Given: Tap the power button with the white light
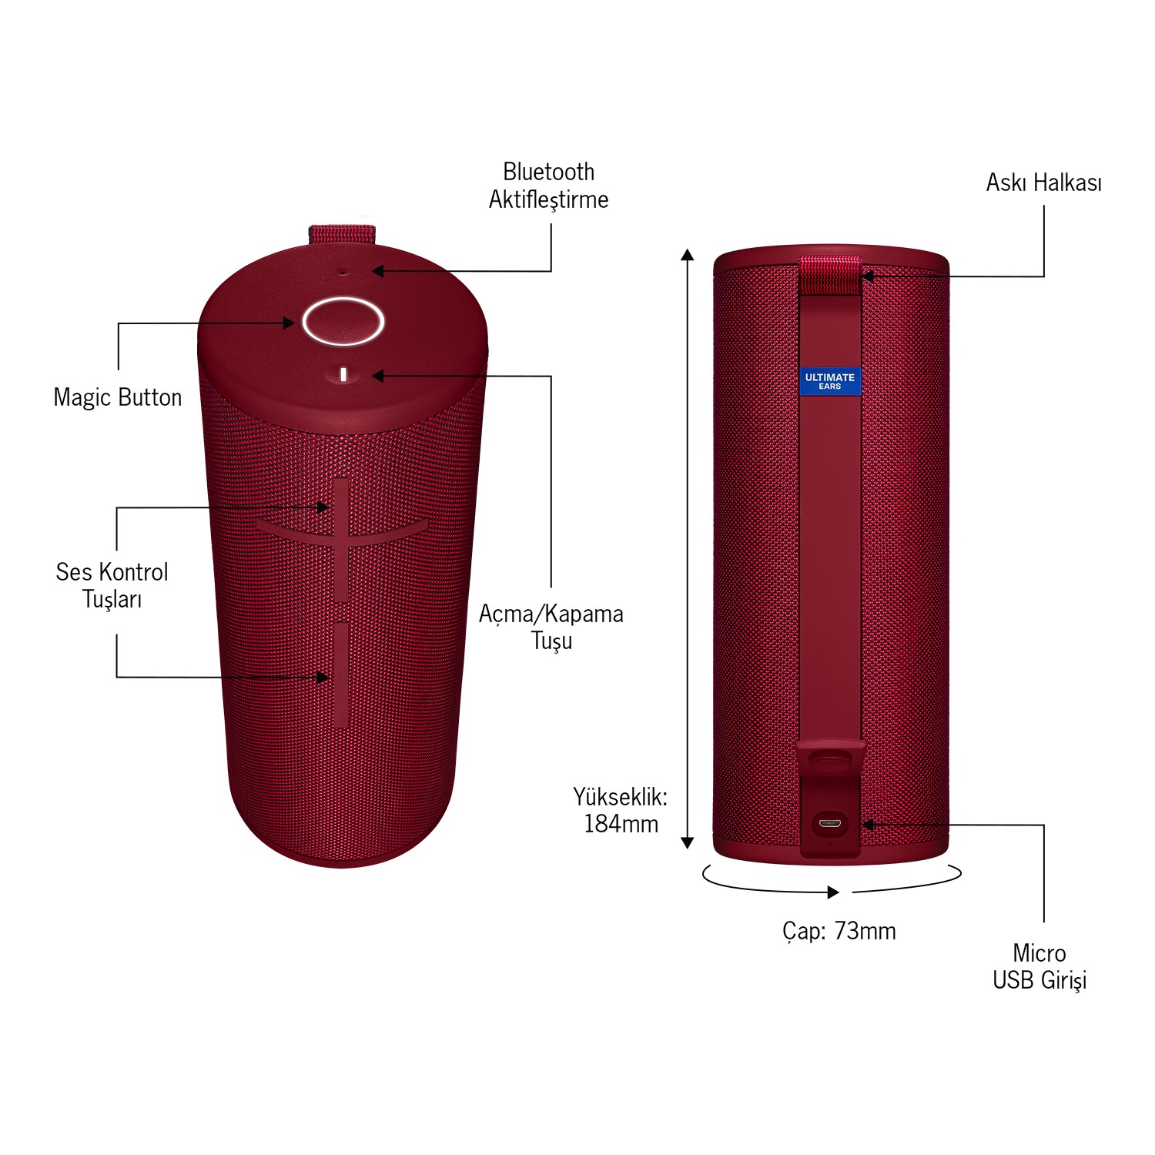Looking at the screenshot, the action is click(343, 375).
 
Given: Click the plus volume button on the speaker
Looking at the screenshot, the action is click(341, 539).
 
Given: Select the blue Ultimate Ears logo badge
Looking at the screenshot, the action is click(829, 381).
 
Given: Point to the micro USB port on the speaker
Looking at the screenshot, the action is click(829, 823).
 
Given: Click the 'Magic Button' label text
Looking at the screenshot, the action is click(118, 397).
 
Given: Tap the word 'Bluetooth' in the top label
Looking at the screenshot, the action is click(548, 171).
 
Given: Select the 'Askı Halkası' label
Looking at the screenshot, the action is click(1043, 182).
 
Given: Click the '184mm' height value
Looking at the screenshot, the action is click(621, 824).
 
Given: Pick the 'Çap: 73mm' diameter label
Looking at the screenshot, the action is click(839, 931).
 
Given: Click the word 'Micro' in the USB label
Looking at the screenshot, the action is click(1039, 953).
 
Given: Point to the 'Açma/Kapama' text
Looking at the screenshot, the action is click(551, 614).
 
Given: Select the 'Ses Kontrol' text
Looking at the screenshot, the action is click(112, 572).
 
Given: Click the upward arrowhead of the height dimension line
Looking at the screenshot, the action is click(688, 255).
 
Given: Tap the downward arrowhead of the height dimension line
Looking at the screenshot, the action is click(688, 842).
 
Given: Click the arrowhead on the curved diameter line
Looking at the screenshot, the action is click(833, 892).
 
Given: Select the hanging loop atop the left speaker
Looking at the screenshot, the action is click(342, 234).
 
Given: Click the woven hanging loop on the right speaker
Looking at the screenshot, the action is click(829, 276).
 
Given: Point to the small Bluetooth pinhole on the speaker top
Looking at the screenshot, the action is click(343, 271).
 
